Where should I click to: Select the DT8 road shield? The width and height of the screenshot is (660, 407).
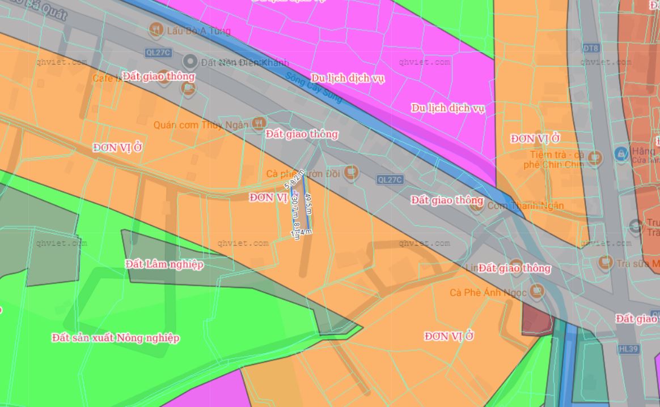point(591,48)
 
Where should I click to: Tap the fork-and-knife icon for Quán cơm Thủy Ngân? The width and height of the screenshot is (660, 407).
point(259,123)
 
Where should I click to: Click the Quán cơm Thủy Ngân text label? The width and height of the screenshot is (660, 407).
point(201,125)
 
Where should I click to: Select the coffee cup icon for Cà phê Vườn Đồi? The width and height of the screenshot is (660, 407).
point(350,172)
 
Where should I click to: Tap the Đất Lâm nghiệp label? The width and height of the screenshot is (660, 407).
point(164,264)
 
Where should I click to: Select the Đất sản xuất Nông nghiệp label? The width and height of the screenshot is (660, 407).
point(116,338)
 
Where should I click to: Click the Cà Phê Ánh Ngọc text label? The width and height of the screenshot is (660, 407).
point(488,293)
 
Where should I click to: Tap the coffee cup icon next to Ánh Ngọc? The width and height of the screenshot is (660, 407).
point(536,291)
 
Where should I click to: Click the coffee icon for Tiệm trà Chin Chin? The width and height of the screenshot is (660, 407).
point(594,158)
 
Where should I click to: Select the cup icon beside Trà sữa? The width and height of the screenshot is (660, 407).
point(606,263)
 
